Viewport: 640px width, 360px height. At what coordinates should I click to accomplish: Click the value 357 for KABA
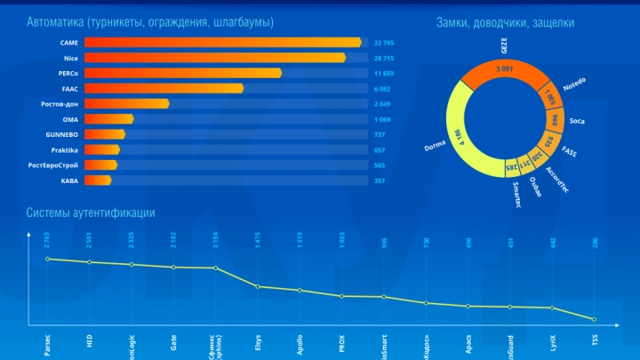(380, 180)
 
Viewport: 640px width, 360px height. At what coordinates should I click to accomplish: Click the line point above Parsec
(48, 259)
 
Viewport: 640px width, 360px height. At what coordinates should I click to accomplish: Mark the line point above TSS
(593, 319)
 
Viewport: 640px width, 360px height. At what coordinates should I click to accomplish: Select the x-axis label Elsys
(258, 343)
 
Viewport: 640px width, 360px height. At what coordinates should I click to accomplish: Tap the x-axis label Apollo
(300, 342)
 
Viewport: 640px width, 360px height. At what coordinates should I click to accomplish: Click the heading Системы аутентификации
(91, 212)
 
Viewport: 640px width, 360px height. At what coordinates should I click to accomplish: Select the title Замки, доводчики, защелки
(505, 21)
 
